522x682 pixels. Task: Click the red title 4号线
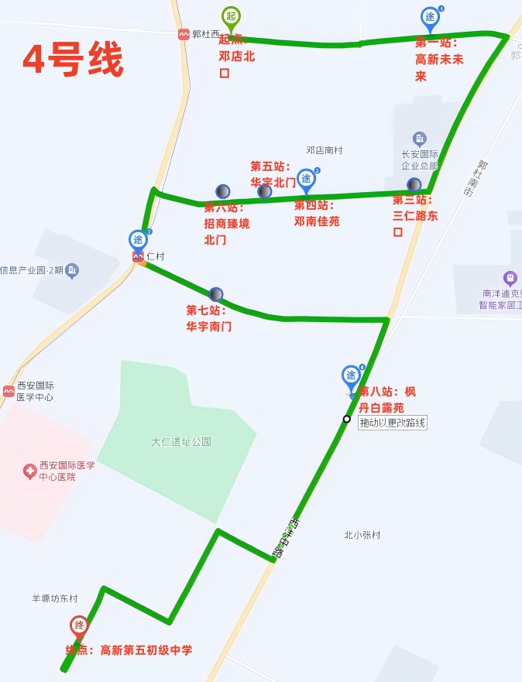tap(73, 60)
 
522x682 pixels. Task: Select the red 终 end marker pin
tap(79, 625)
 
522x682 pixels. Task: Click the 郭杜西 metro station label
tap(205, 34)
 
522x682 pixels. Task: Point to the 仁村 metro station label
tap(155, 256)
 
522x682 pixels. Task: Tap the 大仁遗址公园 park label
tap(180, 442)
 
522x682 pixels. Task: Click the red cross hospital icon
tap(29, 471)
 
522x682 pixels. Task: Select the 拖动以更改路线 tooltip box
tap(393, 423)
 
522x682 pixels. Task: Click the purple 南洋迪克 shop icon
tap(510, 278)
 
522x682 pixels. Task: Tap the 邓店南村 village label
tap(324, 150)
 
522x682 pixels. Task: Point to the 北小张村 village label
tap(362, 535)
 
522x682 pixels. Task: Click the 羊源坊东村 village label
tap(54, 598)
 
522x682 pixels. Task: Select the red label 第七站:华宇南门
tap(208, 318)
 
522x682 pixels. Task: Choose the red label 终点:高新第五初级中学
tap(129, 650)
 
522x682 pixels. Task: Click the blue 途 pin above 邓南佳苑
tap(307, 180)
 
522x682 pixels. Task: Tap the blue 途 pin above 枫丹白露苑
tap(352, 377)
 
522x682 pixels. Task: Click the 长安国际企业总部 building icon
tap(420, 139)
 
